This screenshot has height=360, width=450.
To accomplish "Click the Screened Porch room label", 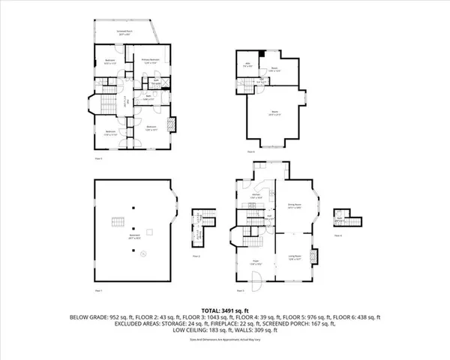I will (x=124, y=32).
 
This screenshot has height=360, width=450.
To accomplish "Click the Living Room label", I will (x=295, y=257).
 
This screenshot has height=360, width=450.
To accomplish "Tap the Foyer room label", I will (x=255, y=262).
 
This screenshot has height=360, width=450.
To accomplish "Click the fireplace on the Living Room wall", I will (x=316, y=256).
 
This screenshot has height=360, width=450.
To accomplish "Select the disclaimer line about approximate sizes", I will (x=225, y=344).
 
